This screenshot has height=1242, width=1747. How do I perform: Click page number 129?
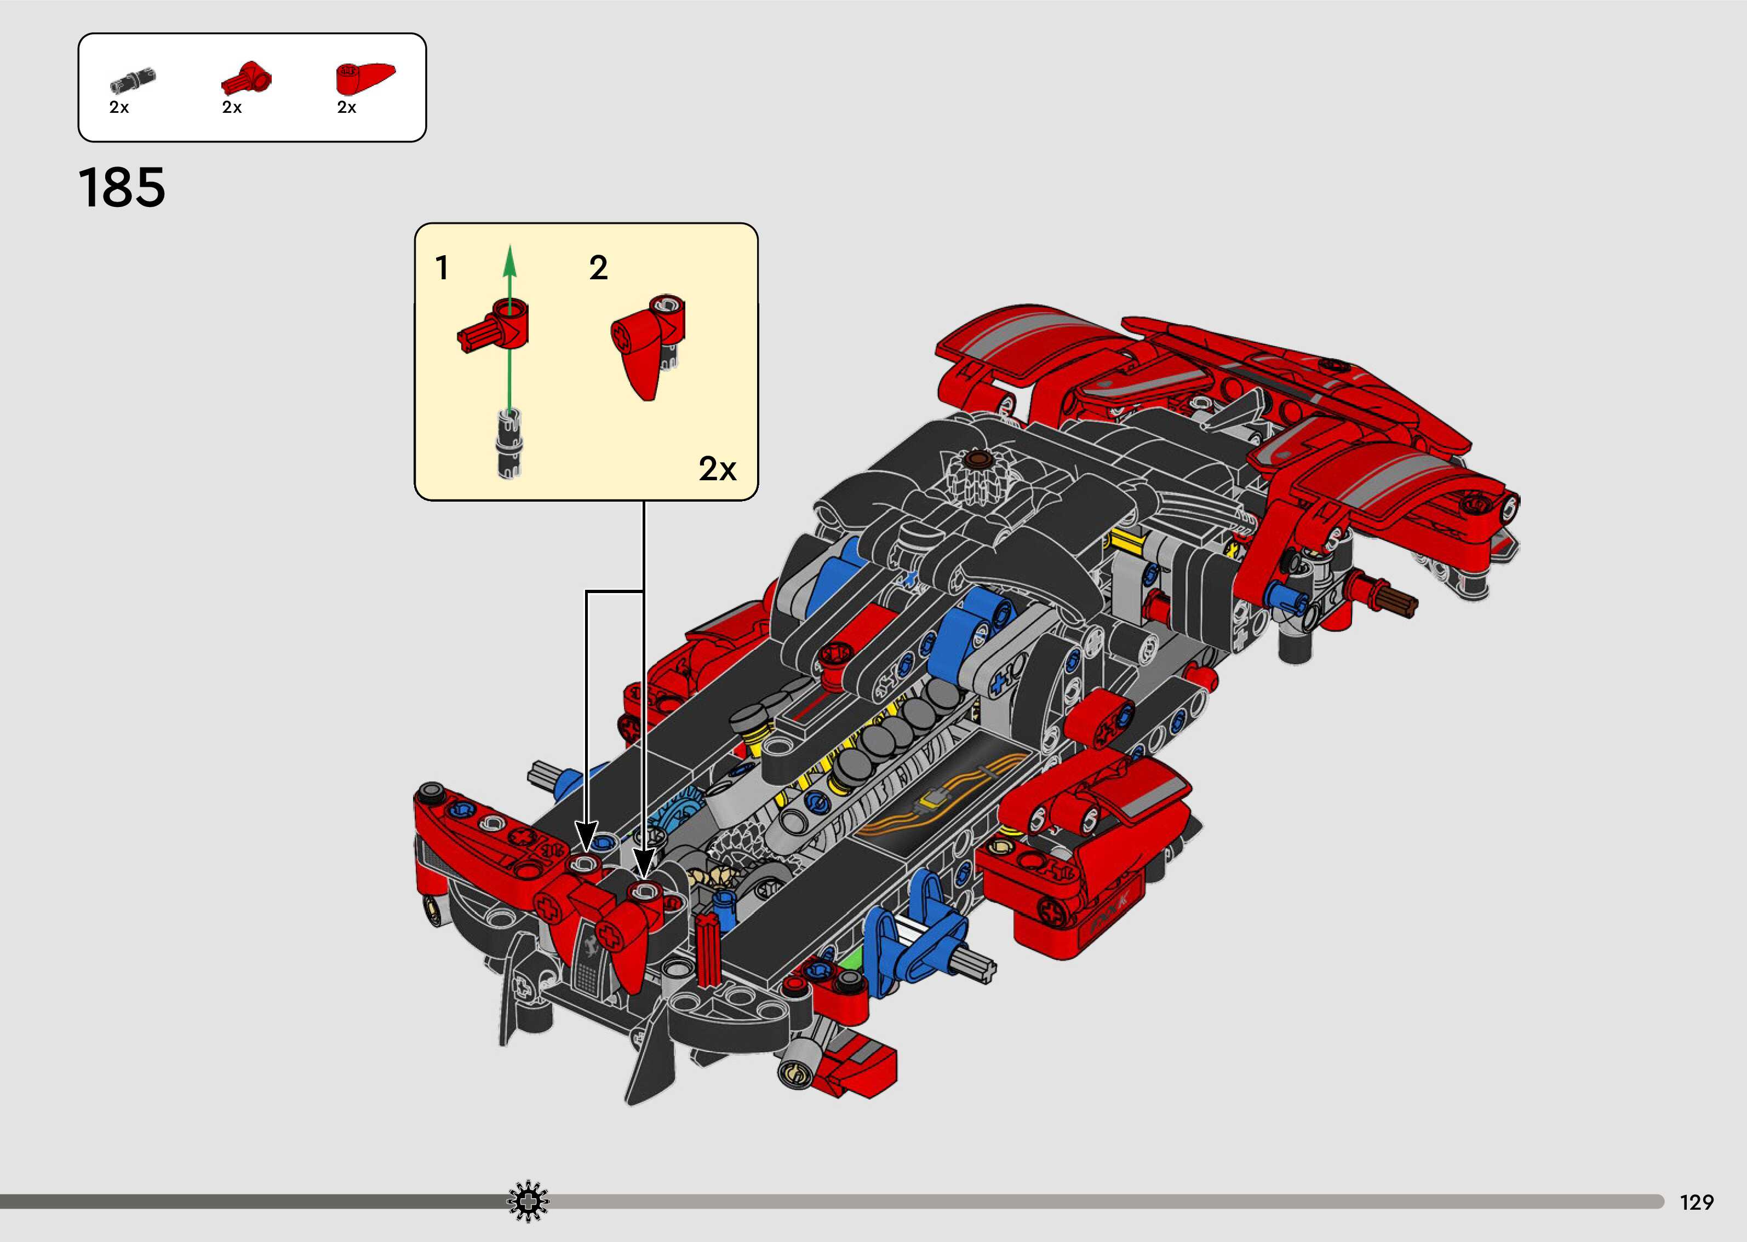click(1697, 1202)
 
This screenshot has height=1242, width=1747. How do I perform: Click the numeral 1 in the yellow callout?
click(442, 268)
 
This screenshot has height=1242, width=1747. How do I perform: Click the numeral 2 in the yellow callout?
click(598, 268)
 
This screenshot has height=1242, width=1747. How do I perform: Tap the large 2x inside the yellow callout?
click(718, 468)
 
